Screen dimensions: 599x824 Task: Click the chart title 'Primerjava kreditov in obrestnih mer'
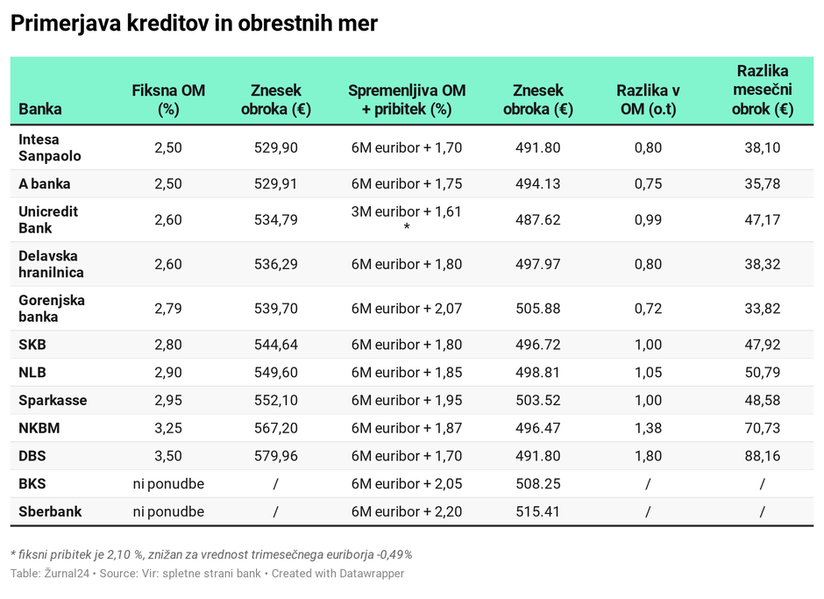[194, 24]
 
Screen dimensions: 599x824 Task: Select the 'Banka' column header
[39, 110]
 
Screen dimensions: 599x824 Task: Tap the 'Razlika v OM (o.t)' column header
[648, 100]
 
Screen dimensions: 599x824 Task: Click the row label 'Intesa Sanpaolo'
[50, 147]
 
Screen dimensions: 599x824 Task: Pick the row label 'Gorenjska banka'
[52, 309]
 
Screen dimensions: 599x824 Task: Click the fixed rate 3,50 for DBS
[168, 456]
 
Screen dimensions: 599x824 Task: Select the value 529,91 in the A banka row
[276, 184]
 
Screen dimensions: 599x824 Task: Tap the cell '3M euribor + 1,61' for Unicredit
[406, 211]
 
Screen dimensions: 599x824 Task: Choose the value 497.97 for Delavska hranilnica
[538, 264]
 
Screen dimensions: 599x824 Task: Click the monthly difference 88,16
[763, 456]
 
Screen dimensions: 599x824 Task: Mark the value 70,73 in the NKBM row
[763, 428]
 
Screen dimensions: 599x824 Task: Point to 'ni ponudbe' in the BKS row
[168, 484]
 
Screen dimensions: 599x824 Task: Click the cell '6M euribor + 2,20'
[406, 511]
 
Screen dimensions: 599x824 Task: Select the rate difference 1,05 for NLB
[648, 373]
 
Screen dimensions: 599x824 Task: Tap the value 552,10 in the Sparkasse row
[276, 401]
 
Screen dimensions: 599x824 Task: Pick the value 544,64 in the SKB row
[276, 345]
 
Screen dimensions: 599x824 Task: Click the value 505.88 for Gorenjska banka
[538, 309]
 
